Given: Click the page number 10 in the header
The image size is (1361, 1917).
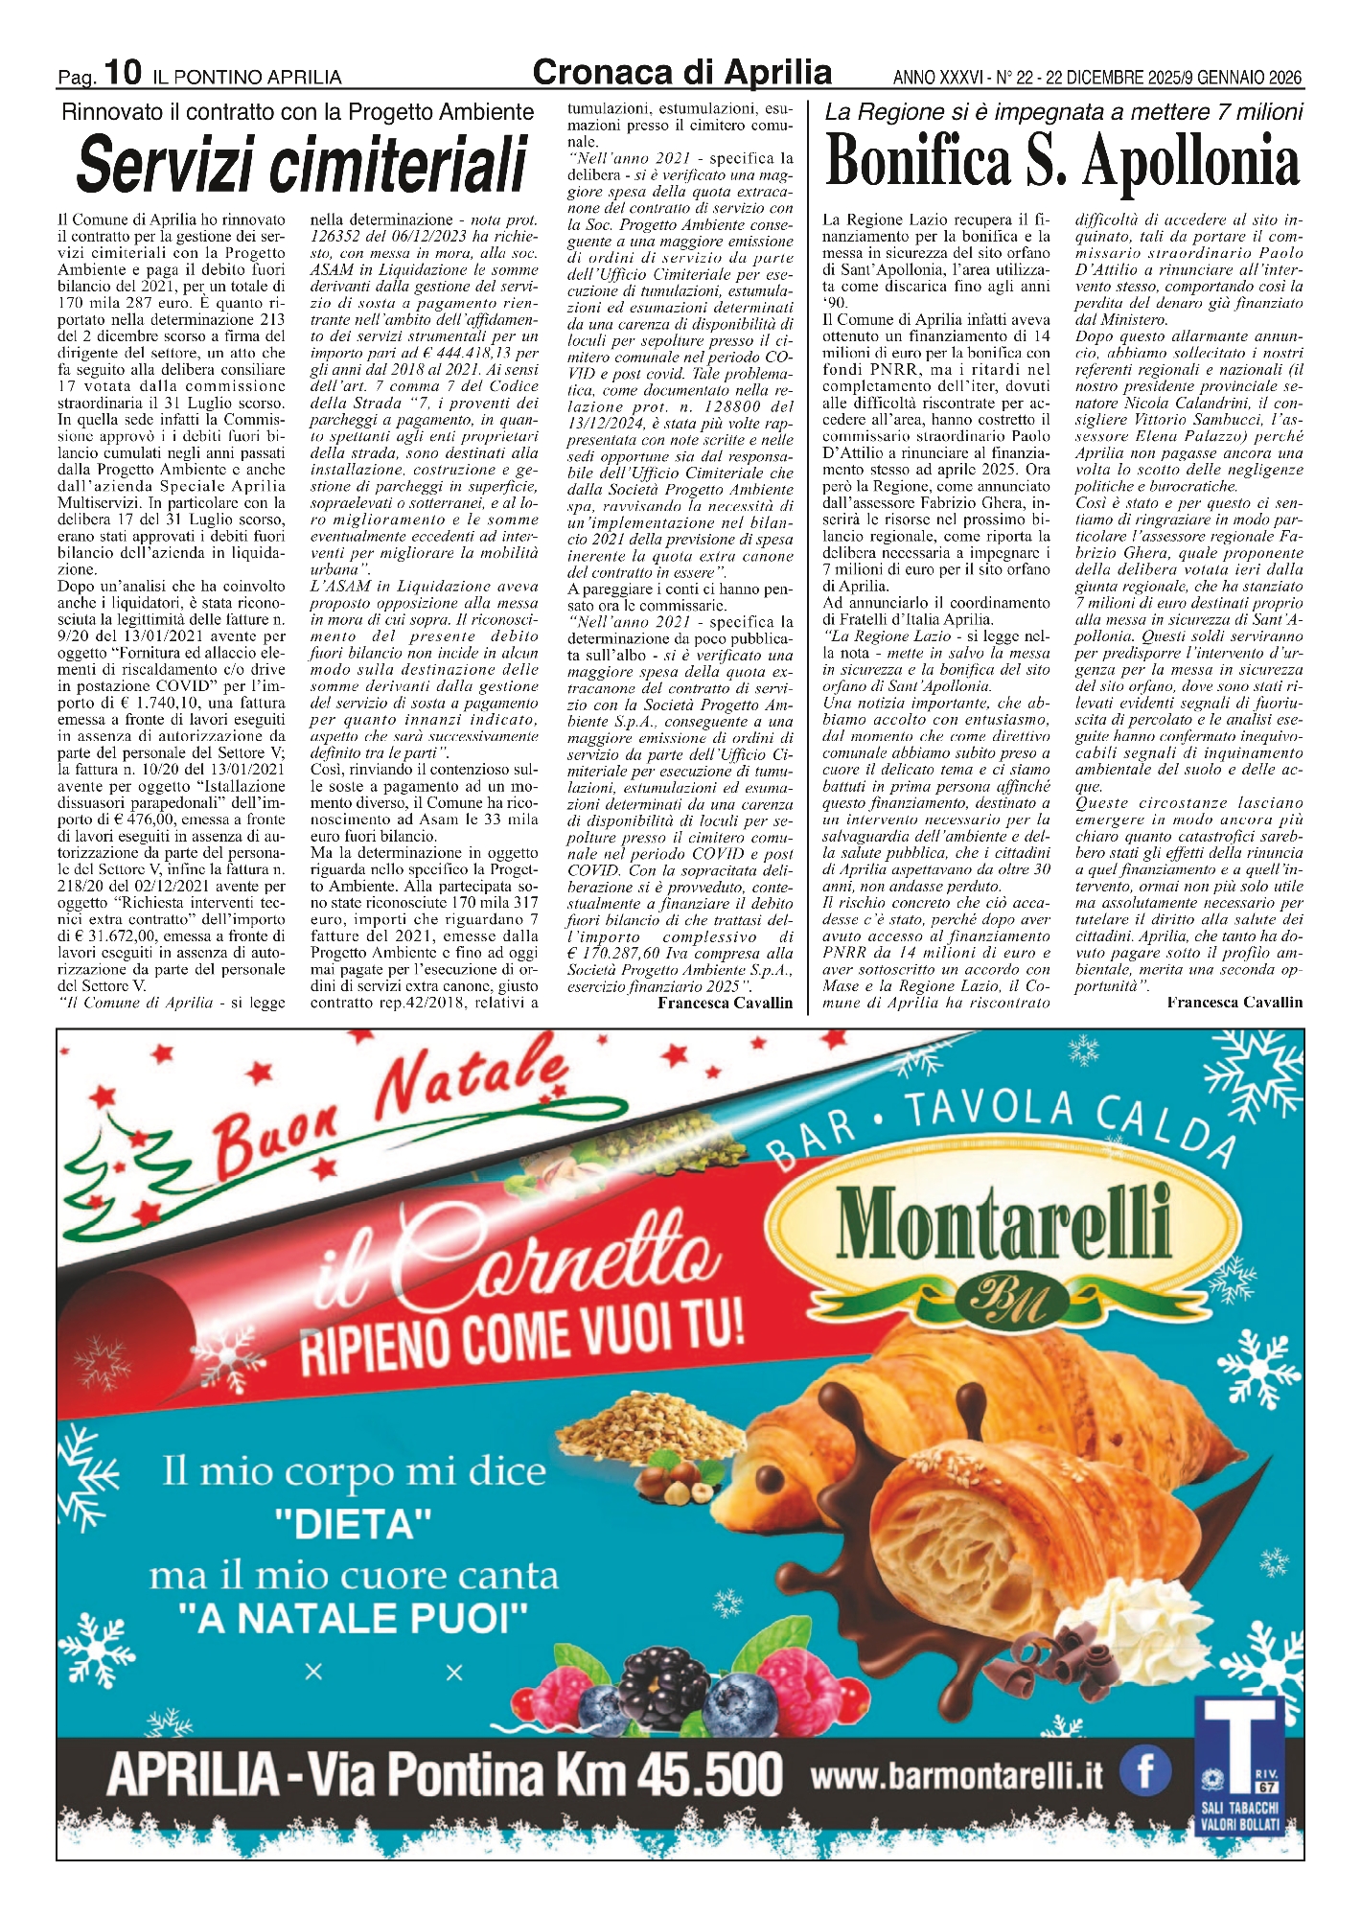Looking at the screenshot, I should coord(123,72).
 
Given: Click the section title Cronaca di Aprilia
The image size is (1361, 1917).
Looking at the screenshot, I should coord(681,73).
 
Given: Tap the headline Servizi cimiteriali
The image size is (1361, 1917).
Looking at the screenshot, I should coord(302,164).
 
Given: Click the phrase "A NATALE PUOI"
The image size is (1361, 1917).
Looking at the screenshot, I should coord(354,1619).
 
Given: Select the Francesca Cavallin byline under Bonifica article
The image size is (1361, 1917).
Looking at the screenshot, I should coord(1234,1003).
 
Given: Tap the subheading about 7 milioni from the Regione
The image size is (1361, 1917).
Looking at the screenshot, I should coord(1063,112).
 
